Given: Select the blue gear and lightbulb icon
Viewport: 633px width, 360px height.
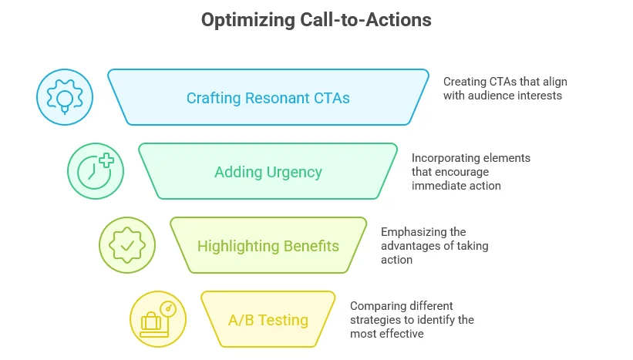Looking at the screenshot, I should coord(65,97).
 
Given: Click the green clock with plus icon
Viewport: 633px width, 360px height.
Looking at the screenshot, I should coord(96,172).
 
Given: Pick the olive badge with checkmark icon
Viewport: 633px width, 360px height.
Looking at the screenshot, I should coord(126,246).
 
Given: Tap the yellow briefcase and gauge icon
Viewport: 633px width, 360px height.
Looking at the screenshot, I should coord(157,319).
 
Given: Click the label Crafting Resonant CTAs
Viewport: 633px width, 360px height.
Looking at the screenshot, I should coord(268,98).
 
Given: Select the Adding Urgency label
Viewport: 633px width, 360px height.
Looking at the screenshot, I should coord(268,172).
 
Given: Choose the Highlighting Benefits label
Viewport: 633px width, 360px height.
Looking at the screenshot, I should coord(268,246).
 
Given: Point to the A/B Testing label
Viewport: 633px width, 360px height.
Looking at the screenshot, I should coord(268,320).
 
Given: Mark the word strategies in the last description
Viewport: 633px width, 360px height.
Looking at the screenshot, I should coord(375,320).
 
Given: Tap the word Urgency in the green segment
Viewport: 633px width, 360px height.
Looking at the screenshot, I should coord(295,172).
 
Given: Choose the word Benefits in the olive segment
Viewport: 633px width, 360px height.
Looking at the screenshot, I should coord(311,246).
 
